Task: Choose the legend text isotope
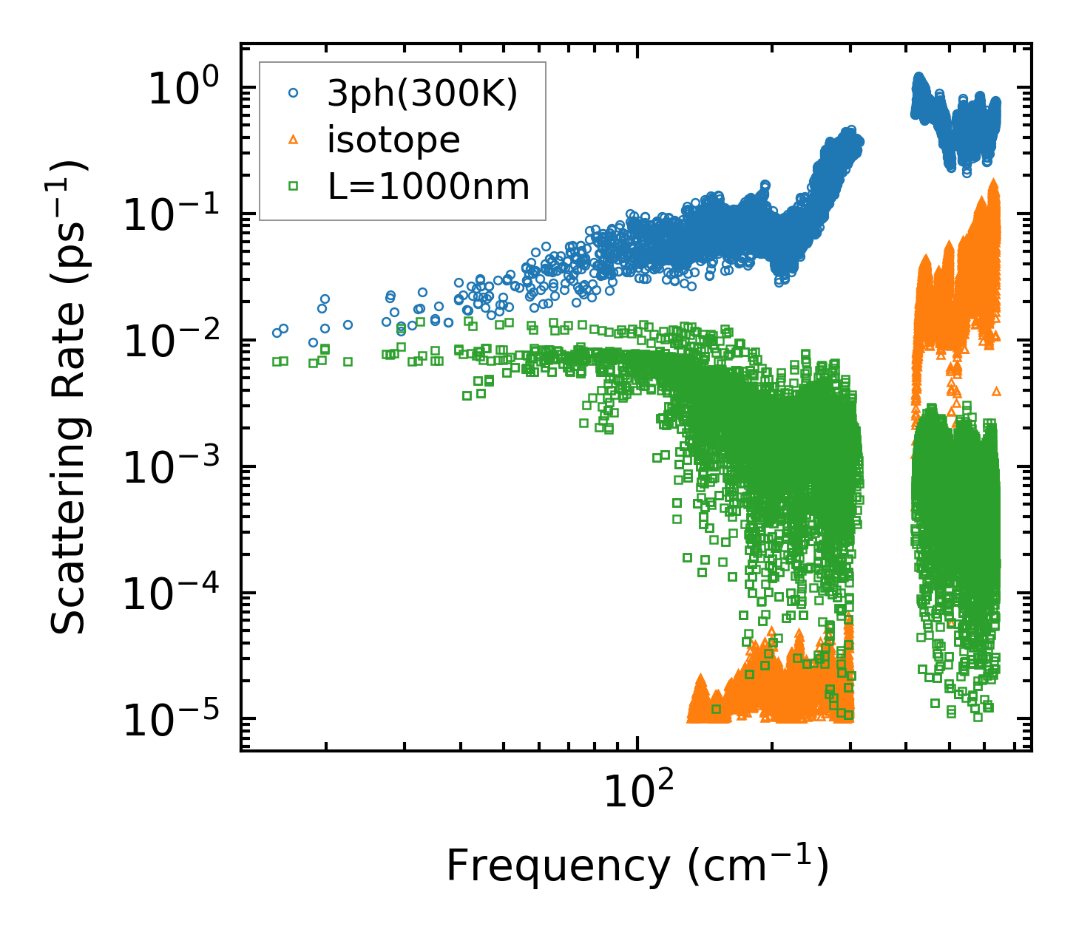point(393,140)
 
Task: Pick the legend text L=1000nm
point(429,186)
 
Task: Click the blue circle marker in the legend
point(293,93)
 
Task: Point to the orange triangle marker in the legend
point(293,139)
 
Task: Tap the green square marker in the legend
point(293,186)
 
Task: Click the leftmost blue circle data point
point(277,333)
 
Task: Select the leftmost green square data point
point(277,361)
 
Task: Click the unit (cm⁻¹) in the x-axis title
point(758,866)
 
